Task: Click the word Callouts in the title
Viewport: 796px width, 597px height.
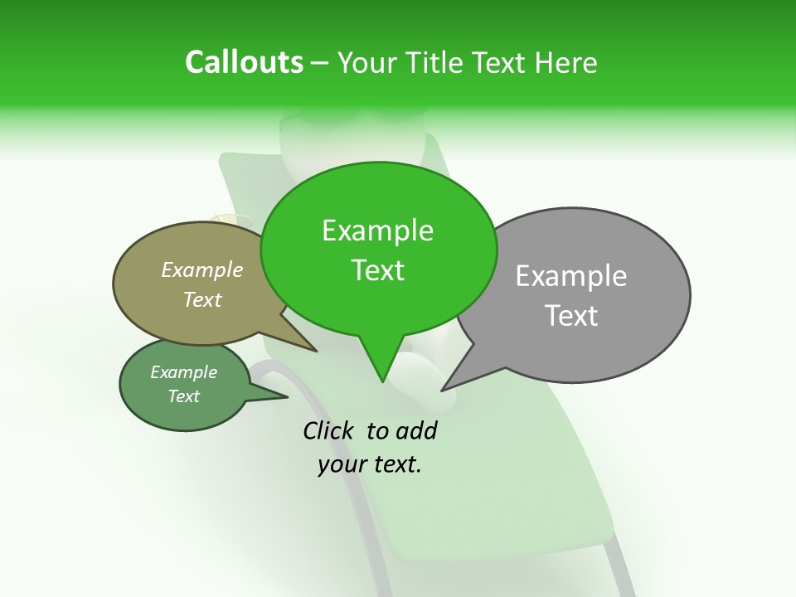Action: (244, 62)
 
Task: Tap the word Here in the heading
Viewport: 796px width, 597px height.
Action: (566, 62)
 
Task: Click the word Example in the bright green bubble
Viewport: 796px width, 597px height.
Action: (377, 231)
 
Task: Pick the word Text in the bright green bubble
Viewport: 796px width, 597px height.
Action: (377, 270)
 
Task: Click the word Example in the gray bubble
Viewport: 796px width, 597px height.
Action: (570, 276)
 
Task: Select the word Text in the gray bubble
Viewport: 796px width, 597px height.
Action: (570, 316)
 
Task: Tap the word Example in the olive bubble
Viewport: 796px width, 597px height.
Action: (201, 269)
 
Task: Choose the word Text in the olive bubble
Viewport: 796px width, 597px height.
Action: (201, 299)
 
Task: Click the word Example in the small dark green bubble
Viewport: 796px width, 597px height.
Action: (183, 372)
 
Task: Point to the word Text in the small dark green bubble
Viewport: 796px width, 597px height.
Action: (183, 396)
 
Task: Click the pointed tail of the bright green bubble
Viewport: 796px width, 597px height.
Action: (382, 379)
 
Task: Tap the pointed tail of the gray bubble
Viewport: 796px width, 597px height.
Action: (445, 388)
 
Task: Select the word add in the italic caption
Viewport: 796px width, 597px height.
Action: (416, 430)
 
